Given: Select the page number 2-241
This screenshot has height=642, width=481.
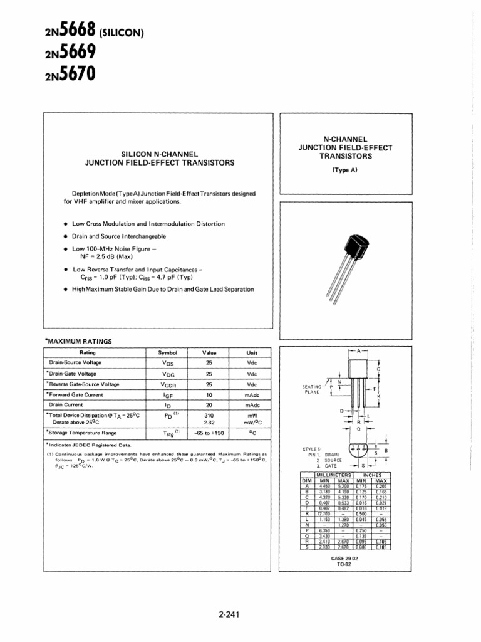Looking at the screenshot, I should [x=240, y=614].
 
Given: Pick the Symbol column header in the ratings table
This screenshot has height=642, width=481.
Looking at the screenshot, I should [x=168, y=353].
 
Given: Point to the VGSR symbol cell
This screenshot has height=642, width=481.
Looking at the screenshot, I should [x=168, y=384].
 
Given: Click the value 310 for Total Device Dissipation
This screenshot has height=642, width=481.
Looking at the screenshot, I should [x=209, y=415].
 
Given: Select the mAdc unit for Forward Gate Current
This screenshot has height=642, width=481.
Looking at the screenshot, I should [x=252, y=395].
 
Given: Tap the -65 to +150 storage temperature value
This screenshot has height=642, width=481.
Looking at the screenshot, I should [x=209, y=433].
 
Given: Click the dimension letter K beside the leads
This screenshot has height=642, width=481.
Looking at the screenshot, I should [x=379, y=396].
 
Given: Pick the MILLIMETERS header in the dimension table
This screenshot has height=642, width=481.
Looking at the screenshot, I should [x=333, y=476].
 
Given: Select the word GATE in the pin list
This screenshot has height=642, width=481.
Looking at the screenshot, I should [x=331, y=466].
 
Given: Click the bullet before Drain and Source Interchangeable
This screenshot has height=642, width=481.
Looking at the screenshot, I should [x=66, y=236].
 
